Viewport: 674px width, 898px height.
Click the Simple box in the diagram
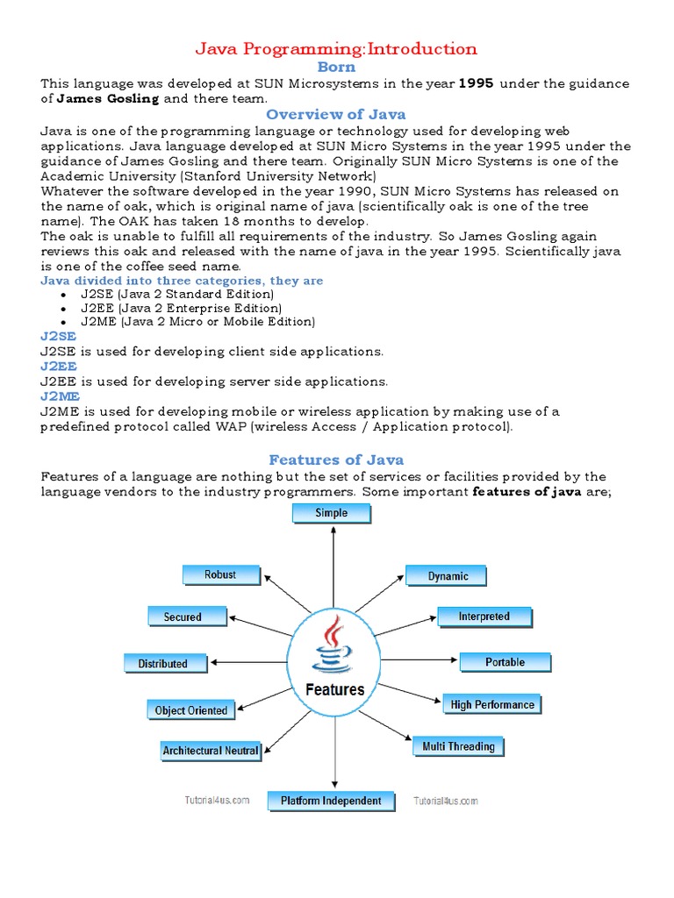click(332, 514)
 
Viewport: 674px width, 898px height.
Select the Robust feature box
click(221, 575)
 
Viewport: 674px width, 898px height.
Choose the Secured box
click(183, 617)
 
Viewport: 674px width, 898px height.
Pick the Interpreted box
click(484, 617)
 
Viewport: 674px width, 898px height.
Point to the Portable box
click(505, 663)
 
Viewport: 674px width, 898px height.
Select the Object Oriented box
click(190, 710)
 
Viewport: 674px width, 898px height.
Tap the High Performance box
click(492, 705)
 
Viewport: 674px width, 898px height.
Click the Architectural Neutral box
click(211, 751)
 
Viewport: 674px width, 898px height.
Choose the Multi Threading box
click(458, 747)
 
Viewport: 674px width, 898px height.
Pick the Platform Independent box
click(331, 801)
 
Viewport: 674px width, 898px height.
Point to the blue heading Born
click(336, 67)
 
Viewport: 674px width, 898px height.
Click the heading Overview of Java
click(336, 114)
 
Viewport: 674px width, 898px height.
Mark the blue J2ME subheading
click(59, 396)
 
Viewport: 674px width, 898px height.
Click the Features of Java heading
click(336, 460)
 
